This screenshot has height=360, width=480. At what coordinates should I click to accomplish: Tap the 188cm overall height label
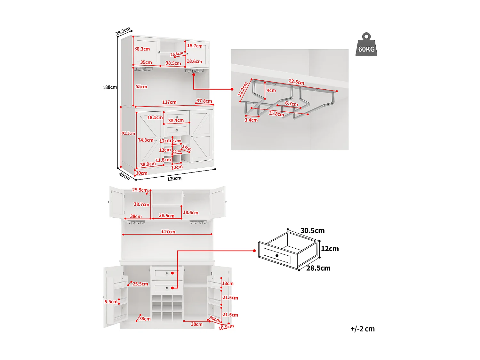click(109, 87)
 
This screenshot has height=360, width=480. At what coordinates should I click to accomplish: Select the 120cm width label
click(174, 179)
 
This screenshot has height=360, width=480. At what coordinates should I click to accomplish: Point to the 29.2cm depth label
click(123, 31)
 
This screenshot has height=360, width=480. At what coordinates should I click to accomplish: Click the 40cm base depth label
click(124, 176)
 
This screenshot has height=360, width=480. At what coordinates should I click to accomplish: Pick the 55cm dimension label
click(141, 86)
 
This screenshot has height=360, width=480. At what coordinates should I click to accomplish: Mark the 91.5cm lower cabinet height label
click(128, 133)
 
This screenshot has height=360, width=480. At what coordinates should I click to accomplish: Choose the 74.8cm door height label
click(146, 140)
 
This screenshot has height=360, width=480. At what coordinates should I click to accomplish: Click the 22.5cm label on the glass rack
click(296, 82)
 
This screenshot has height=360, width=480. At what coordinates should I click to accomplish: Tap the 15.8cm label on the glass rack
click(276, 114)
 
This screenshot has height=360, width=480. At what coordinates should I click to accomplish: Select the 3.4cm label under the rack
click(251, 120)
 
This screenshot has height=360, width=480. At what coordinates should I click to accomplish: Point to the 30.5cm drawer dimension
click(312, 230)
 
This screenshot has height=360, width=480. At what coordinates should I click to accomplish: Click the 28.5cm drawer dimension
click(318, 268)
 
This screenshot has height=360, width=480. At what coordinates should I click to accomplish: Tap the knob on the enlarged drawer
click(277, 256)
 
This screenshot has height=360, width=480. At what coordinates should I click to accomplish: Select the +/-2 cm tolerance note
click(362, 329)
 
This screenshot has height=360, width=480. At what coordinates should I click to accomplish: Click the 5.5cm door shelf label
click(111, 301)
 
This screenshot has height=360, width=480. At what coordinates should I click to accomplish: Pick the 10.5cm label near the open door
click(226, 327)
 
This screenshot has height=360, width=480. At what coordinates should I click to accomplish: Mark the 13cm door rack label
click(228, 283)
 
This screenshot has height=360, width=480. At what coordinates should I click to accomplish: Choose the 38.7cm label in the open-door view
click(141, 204)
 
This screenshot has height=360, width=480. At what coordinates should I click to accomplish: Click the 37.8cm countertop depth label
click(204, 101)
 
